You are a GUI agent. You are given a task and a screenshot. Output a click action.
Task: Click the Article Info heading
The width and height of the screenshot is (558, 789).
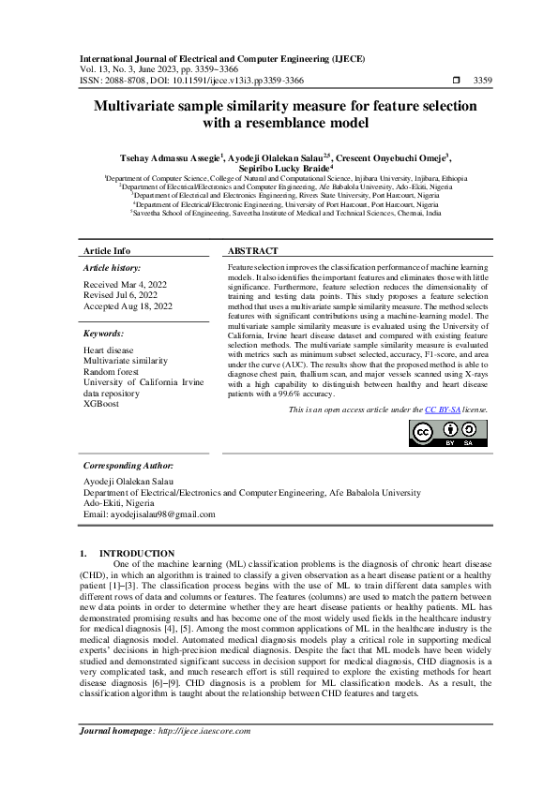click(107, 251)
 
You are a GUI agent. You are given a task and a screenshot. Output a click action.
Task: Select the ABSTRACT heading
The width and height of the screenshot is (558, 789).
click(253, 251)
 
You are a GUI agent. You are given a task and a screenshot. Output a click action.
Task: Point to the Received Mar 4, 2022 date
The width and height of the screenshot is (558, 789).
click(124, 283)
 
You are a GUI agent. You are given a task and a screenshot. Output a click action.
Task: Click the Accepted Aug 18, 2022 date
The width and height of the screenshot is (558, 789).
click(128, 305)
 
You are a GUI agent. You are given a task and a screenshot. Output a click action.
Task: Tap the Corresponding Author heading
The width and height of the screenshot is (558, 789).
click(128, 465)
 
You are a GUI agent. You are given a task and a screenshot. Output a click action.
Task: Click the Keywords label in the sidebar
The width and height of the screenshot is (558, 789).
click(105, 334)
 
